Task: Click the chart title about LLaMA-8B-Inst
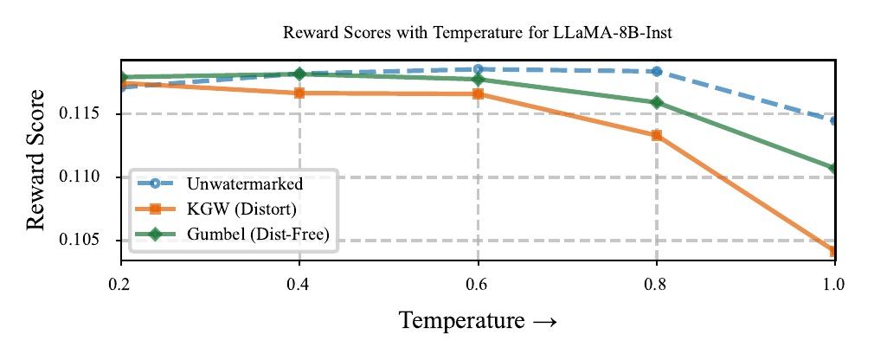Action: pos(478,33)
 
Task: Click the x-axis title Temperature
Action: pos(478,321)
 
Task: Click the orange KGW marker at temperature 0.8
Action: pos(657,135)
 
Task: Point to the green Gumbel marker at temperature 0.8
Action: pos(657,103)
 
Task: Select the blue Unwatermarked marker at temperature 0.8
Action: pos(657,72)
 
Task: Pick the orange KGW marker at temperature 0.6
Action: pos(479,93)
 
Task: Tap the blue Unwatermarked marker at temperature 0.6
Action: pos(479,69)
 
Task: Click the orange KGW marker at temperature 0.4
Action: pos(299,93)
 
